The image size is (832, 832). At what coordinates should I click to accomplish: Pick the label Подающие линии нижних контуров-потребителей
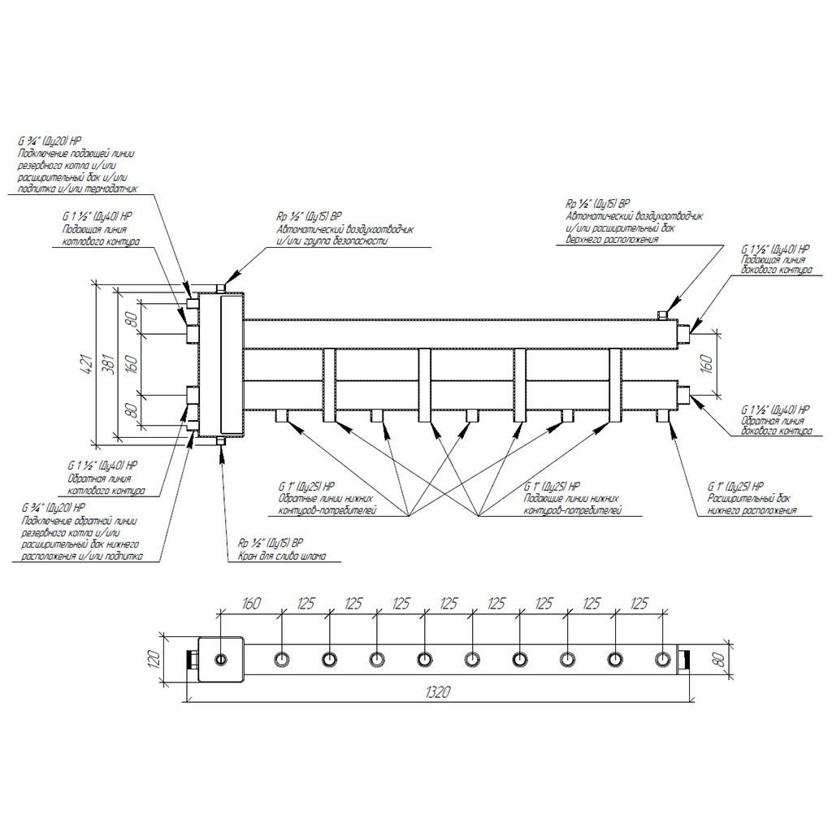point(573,505)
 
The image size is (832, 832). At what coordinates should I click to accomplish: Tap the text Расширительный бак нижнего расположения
point(752,505)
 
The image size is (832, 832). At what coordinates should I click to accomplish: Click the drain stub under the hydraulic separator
point(221,441)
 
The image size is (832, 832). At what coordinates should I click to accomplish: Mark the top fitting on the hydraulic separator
point(221,287)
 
